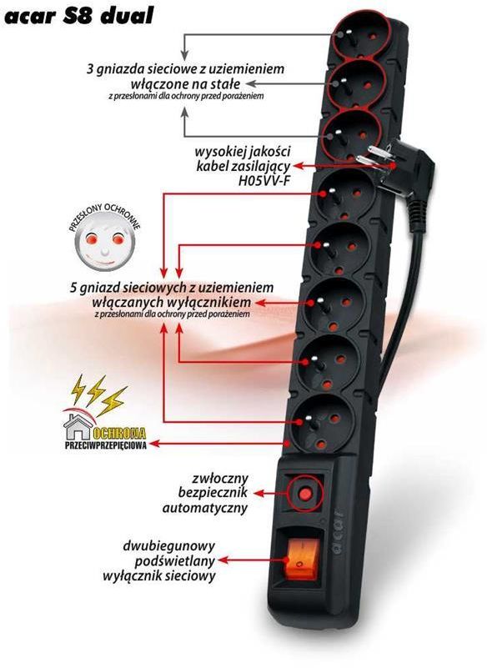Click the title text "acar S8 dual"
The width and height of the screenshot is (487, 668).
78,16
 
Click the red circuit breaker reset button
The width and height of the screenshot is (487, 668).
304,495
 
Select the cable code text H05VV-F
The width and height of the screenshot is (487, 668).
264,181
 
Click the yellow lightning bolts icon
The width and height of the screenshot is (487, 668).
99,395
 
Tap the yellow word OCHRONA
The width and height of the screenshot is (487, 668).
119,434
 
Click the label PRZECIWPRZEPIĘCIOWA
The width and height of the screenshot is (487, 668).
105,445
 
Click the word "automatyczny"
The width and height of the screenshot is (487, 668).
205,508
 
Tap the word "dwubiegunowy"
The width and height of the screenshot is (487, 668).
169,545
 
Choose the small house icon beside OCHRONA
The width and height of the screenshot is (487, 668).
78,426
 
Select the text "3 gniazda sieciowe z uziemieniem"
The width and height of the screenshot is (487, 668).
185,68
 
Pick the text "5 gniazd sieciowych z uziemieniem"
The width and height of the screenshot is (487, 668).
171,287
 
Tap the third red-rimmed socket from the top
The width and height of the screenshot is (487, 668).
350,134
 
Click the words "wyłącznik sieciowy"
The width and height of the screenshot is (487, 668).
159,576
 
